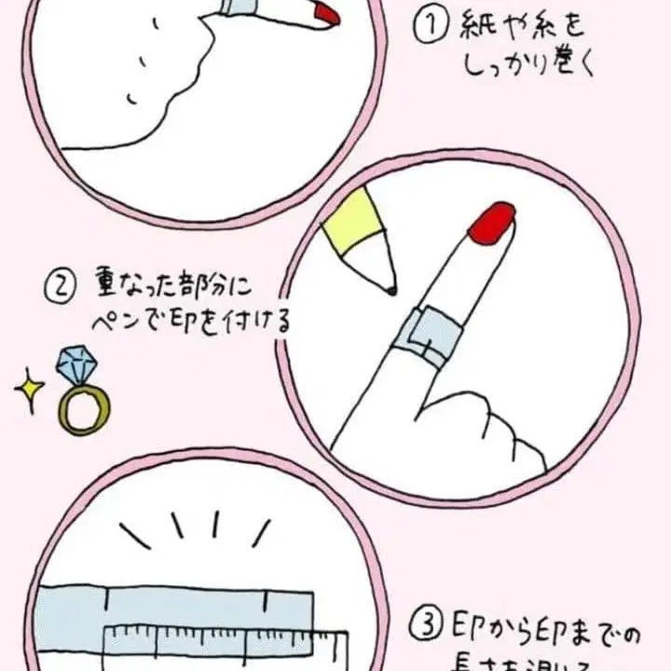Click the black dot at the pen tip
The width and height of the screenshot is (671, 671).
[x=391, y=292]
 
